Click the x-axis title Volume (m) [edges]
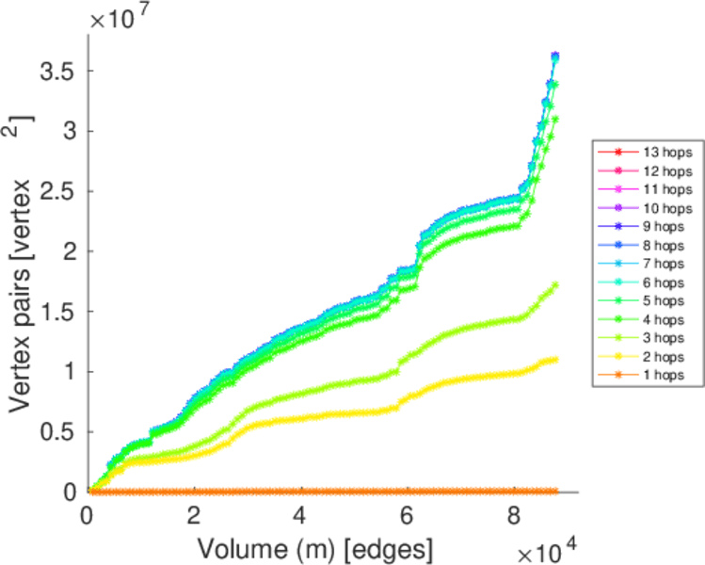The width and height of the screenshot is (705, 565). (x=301, y=546)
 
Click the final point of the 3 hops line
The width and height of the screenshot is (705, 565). (x=556, y=284)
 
